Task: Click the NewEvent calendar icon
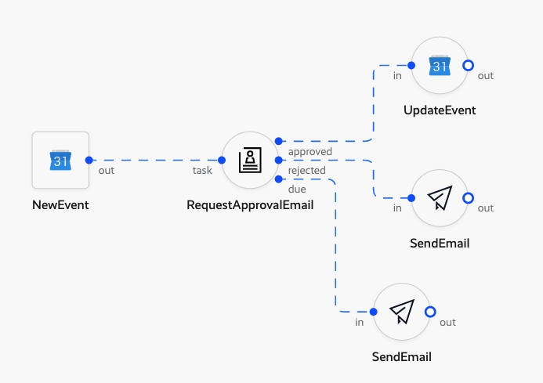(x=60, y=160)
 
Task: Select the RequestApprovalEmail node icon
(x=250, y=160)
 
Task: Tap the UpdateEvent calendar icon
(x=440, y=66)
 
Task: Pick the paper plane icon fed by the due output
(x=402, y=312)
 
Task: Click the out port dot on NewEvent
(x=89, y=160)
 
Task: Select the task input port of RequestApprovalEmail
(x=222, y=160)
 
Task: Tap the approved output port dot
(x=278, y=141)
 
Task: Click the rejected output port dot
(x=278, y=160)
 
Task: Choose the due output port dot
(x=278, y=179)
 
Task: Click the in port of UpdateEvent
(x=411, y=66)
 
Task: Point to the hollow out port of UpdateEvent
(x=468, y=66)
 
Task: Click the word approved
(x=310, y=151)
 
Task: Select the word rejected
(x=307, y=170)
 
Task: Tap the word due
(x=297, y=189)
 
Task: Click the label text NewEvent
(x=60, y=205)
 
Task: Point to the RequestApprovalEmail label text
(x=250, y=205)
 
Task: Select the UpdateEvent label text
(x=440, y=110)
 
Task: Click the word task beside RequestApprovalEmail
(x=203, y=170)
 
